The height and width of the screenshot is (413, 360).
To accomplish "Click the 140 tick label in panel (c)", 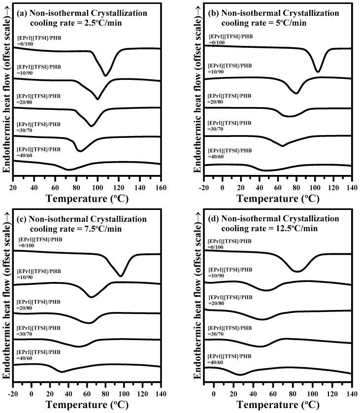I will pos(160,393).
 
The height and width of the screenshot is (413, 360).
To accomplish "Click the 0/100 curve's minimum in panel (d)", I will pos(298,271).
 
